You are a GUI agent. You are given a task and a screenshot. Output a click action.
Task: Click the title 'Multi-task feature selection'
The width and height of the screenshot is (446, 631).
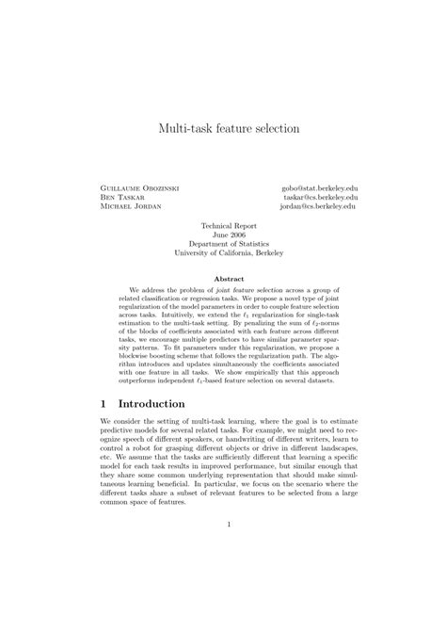click(x=222, y=127)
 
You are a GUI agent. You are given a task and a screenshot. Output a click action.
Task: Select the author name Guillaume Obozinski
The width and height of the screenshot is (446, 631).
click(x=139, y=188)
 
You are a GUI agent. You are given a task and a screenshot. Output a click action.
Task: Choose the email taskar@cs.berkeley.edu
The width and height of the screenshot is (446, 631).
click(x=319, y=198)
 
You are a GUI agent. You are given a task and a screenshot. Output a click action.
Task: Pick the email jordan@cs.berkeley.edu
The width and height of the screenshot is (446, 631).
click(x=319, y=207)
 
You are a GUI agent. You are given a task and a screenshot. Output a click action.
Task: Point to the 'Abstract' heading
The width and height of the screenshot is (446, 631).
click(x=223, y=279)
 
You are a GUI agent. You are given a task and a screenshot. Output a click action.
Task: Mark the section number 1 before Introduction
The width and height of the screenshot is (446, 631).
click(x=104, y=404)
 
